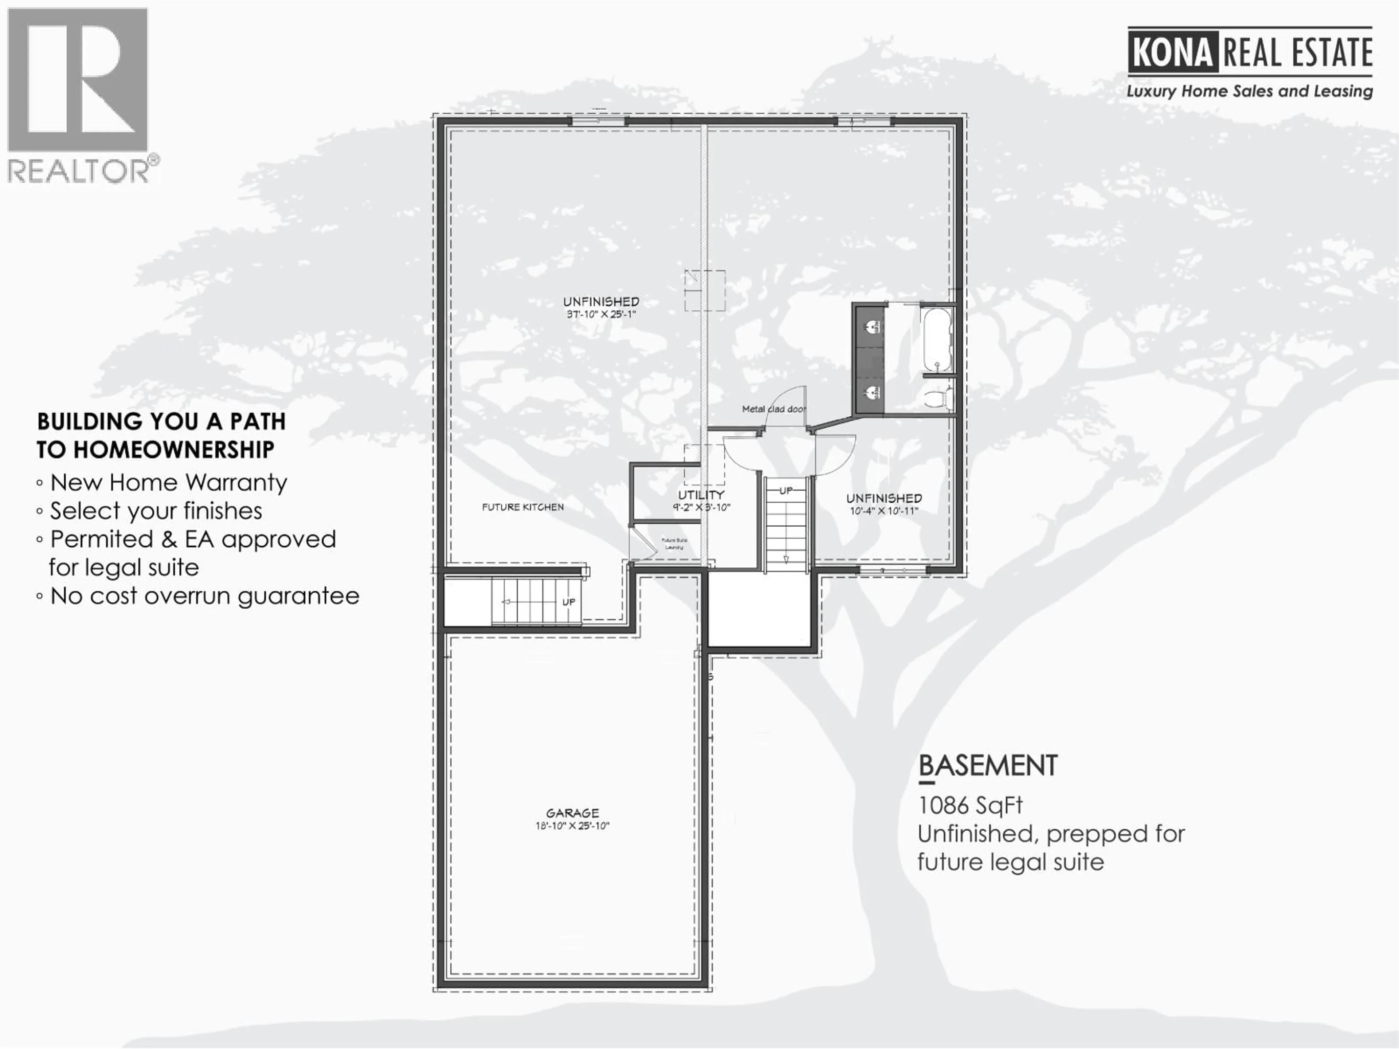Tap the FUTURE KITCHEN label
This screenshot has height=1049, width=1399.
tap(522, 507)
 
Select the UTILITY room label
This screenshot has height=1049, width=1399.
tap(701, 495)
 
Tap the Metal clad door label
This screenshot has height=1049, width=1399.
tap(773, 409)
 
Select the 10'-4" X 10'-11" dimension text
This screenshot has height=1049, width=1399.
tap(883, 511)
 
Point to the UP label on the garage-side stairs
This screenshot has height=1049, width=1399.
tap(569, 602)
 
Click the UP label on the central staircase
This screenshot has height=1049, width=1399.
tap(785, 491)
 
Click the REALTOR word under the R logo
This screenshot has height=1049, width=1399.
tap(78, 171)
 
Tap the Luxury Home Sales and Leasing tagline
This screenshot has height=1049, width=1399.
tap(1249, 91)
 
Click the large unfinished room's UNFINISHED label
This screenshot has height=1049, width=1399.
tap(601, 302)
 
